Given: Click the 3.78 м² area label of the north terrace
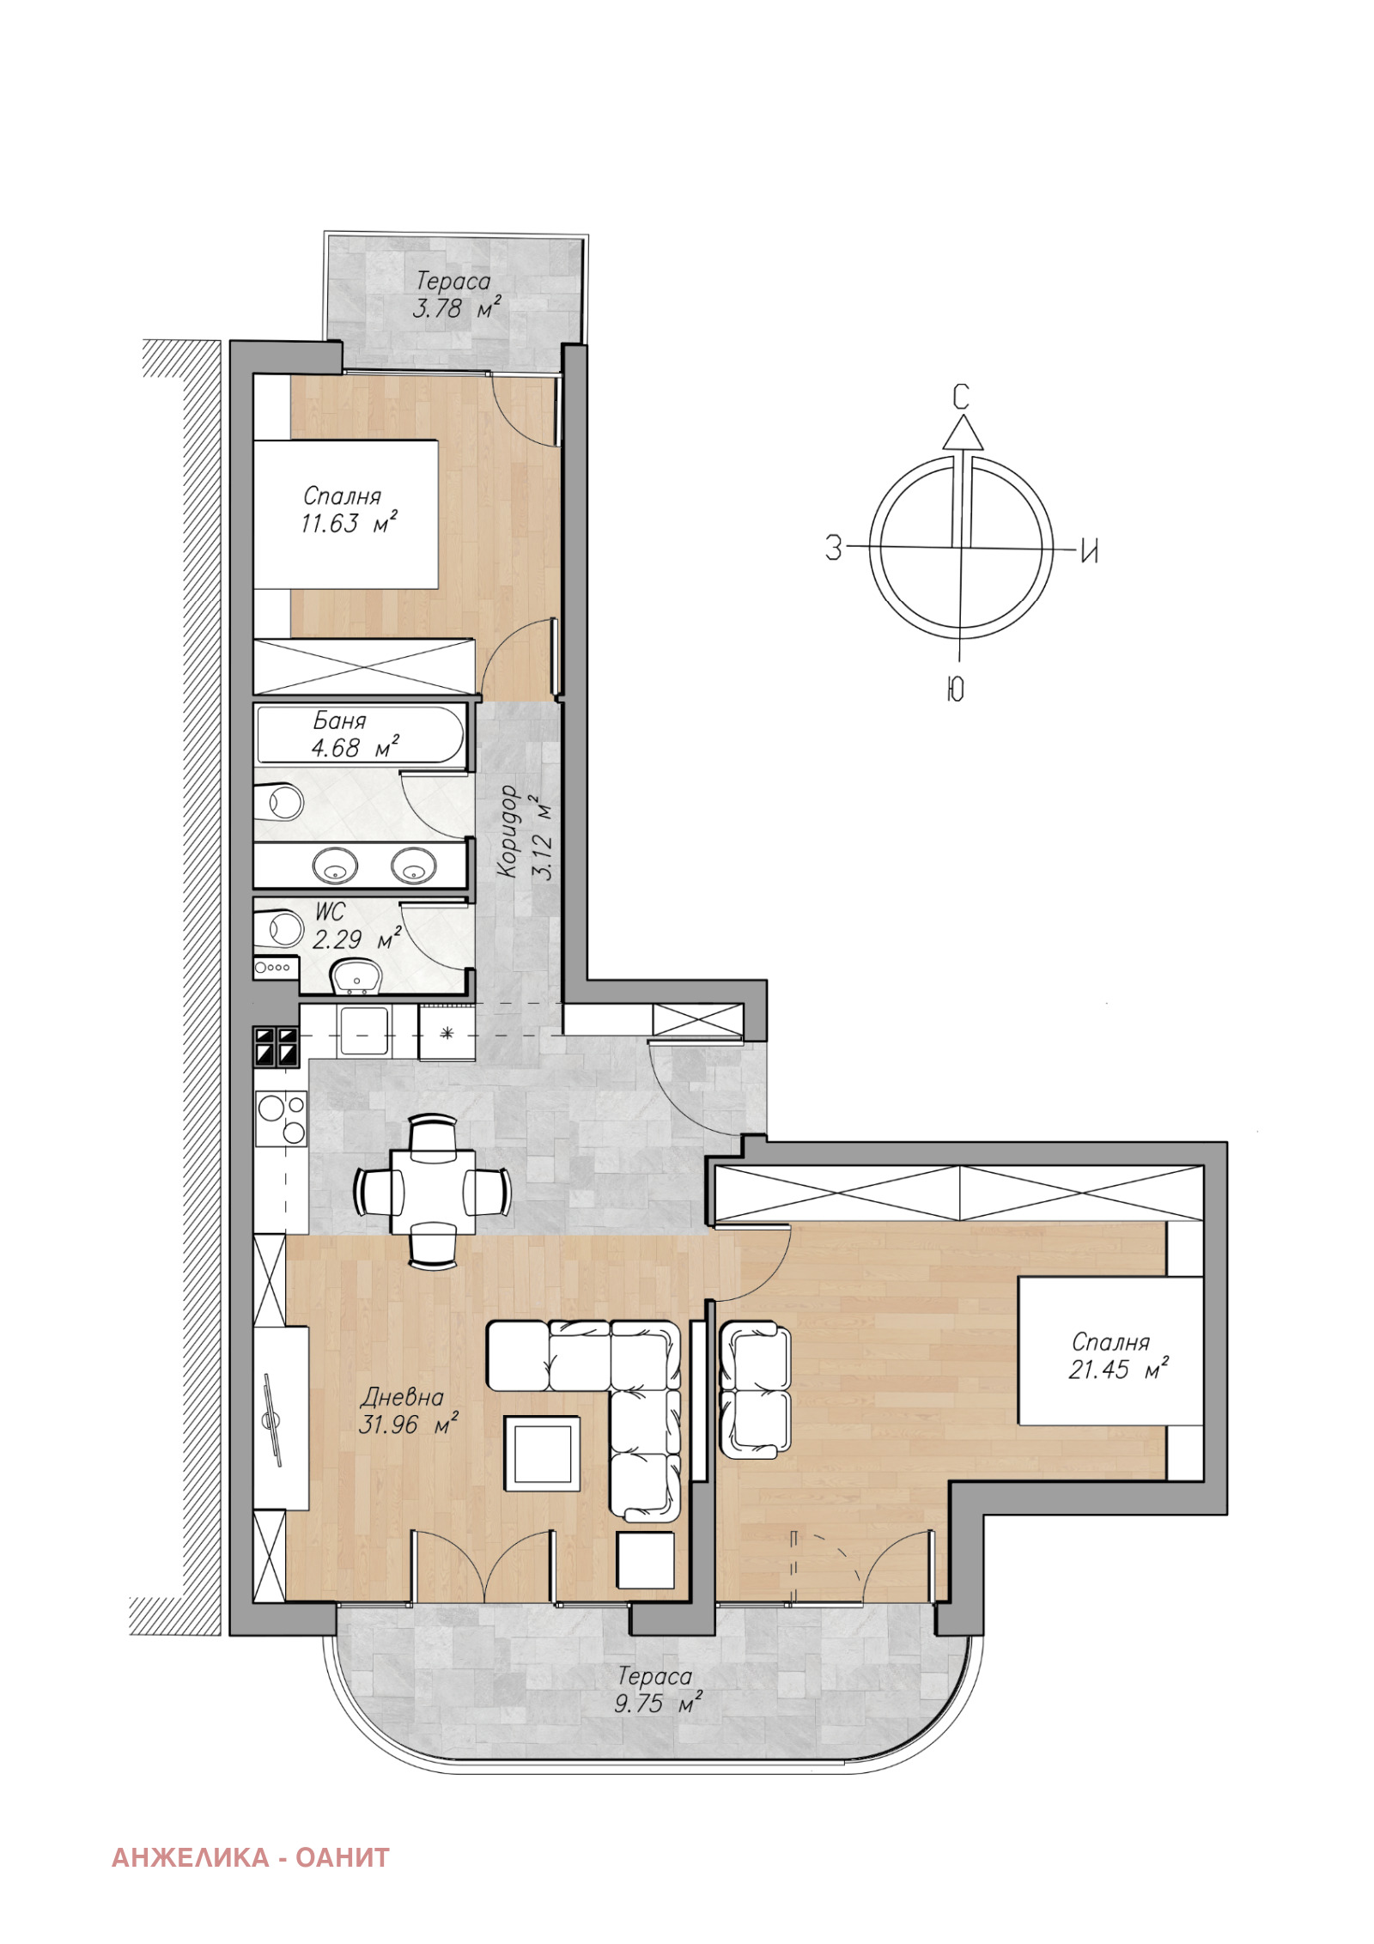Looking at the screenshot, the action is tap(455, 307).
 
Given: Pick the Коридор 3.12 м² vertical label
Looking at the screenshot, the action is tap(523, 832).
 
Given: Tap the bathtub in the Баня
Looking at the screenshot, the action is tap(361, 734).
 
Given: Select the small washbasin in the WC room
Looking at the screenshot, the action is tap(357, 976).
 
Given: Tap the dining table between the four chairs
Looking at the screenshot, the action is tap(433, 1191).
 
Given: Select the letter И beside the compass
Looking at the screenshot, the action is tap(1089, 550).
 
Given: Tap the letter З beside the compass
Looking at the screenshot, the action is tap(833, 548).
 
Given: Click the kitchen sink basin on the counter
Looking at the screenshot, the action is tap(364, 1030).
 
